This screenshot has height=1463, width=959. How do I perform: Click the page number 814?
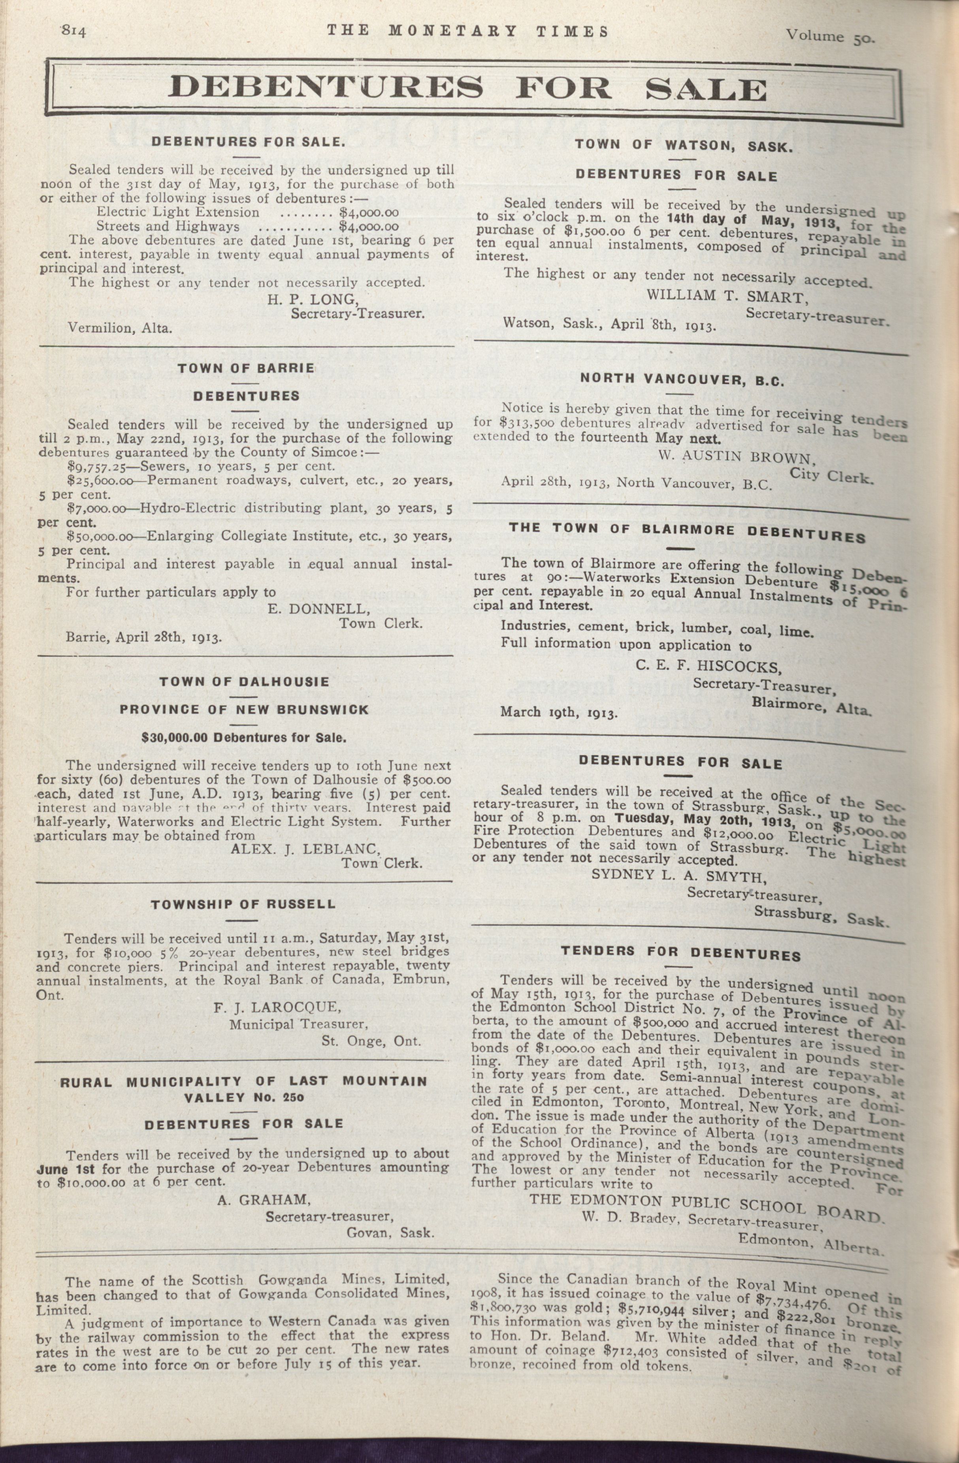(74, 31)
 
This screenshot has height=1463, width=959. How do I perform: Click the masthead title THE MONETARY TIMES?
(467, 31)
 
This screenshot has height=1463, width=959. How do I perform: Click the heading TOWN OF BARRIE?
(246, 368)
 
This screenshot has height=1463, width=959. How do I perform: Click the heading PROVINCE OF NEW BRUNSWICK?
(244, 710)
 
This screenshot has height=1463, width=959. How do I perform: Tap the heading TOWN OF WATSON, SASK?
(684, 146)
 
